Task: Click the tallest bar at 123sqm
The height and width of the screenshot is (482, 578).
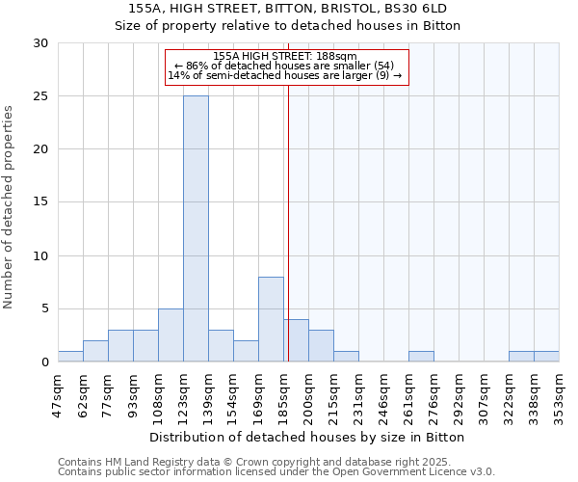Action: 196,228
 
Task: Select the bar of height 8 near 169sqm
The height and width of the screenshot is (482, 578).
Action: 271,319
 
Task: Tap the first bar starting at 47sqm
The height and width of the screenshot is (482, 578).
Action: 70,357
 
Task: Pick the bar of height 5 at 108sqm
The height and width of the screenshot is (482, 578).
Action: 171,335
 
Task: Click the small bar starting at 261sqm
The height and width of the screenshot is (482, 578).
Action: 421,357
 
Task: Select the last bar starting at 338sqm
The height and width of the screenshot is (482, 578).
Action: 546,357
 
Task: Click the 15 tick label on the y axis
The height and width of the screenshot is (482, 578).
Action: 40,202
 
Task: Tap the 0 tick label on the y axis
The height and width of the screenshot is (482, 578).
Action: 44,362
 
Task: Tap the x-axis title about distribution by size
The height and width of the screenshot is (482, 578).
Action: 307,437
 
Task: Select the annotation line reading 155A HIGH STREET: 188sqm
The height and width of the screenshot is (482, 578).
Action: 286,57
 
